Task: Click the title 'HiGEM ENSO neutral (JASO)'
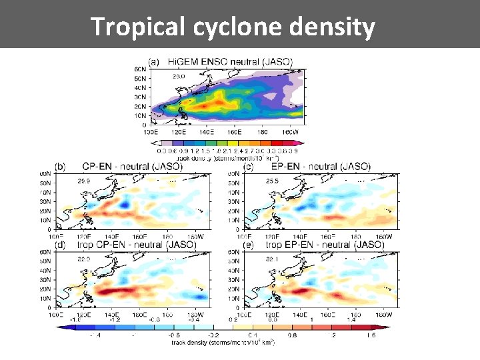229,61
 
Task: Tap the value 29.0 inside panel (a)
179,77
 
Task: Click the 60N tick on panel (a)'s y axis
141,69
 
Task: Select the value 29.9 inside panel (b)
85,181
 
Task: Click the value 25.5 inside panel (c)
272,181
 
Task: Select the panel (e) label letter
248,245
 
